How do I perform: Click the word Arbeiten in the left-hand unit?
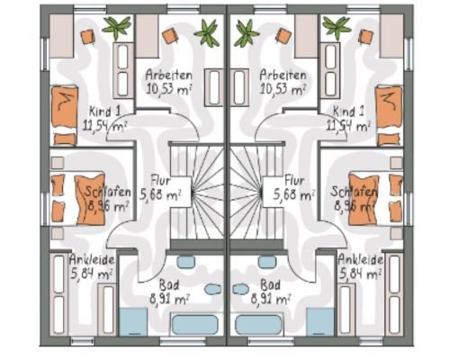[x=168, y=75]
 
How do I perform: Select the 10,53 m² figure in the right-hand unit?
[x=283, y=89]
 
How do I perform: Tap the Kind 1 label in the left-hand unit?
[x=104, y=112]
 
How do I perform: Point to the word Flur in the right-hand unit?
[x=294, y=181]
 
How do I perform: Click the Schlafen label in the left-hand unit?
[x=107, y=192]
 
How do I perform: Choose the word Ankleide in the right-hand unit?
[x=360, y=259]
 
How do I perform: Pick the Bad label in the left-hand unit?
[x=169, y=284]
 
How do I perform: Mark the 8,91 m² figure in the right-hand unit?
[x=270, y=299]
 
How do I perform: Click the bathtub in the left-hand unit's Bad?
[x=194, y=325]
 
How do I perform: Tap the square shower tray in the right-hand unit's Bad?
[x=320, y=321]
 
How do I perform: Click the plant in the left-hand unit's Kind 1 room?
[x=117, y=28]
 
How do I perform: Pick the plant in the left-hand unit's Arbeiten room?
[x=207, y=32]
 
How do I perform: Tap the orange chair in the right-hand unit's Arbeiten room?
[x=283, y=35]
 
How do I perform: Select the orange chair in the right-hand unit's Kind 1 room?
[x=365, y=37]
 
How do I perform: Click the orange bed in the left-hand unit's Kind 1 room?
[x=64, y=116]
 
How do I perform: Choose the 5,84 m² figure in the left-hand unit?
[x=91, y=274]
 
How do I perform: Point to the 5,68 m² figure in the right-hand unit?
[x=294, y=195]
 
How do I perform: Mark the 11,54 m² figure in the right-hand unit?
[x=348, y=126]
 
